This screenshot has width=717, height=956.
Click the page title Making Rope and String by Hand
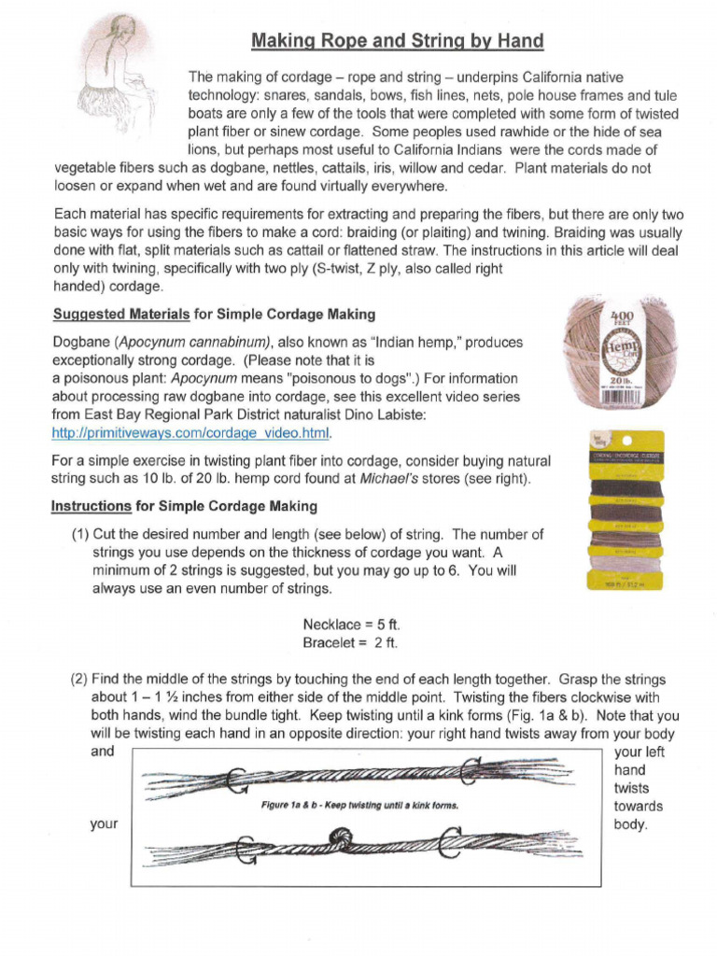click(396, 41)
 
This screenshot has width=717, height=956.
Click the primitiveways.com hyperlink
click(191, 433)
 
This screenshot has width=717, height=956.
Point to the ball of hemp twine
click(620, 354)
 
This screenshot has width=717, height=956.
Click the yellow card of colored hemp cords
click(625, 510)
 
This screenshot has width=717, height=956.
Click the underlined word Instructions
click(91, 506)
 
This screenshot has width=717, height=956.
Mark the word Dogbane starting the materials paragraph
click(80, 343)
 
